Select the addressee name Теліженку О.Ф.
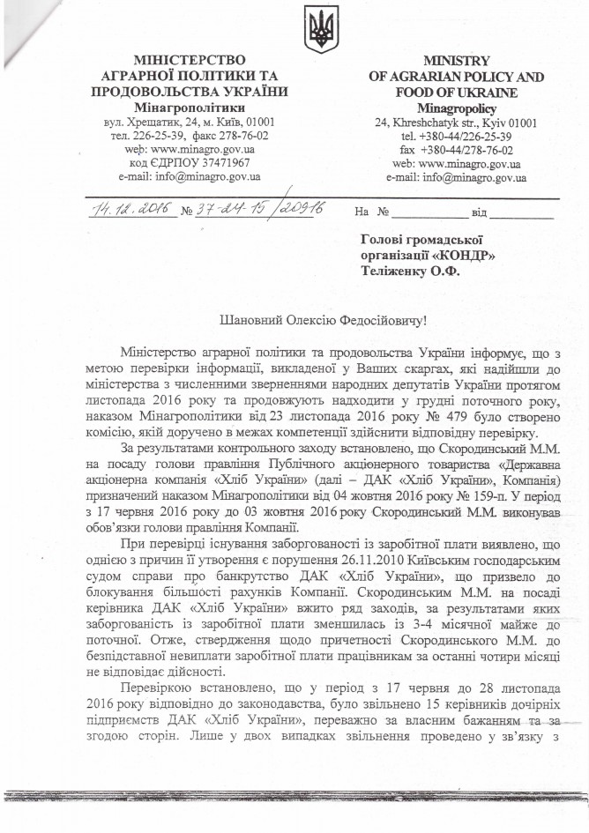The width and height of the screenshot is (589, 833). [412, 271]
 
